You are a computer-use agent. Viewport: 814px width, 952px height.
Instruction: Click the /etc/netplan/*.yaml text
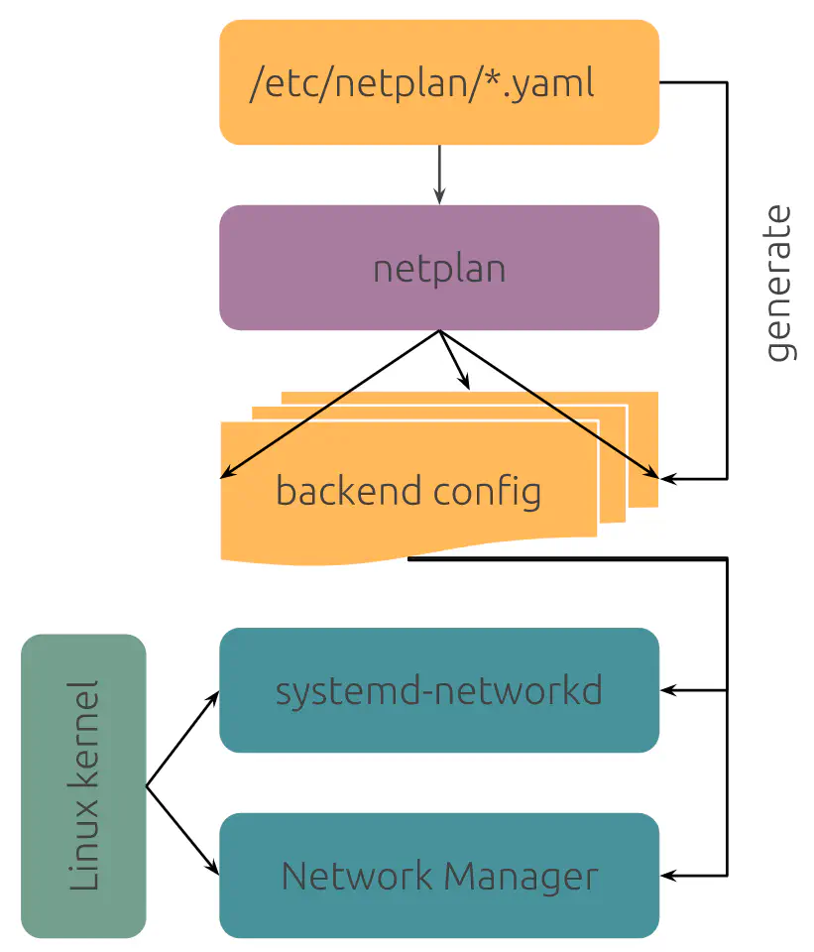click(422, 83)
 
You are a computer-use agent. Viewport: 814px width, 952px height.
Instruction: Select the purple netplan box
click(438, 268)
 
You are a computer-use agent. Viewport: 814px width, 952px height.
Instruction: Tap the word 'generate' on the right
click(780, 284)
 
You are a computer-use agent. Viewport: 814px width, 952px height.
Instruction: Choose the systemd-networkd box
click(438, 690)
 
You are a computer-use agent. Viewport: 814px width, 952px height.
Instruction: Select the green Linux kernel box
click(83, 786)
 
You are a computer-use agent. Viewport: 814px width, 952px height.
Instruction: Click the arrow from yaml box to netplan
click(438, 175)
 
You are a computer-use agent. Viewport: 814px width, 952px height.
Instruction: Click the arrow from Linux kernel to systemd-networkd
click(183, 739)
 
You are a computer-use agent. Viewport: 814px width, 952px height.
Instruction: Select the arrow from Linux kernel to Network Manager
click(183, 832)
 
